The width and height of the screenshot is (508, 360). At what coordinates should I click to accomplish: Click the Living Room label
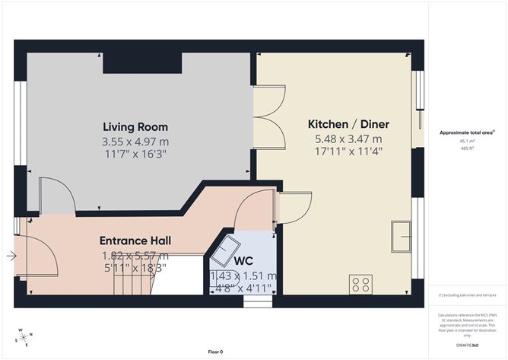pyautogui.click(x=135, y=127)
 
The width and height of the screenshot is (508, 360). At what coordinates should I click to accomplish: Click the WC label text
pyautogui.click(x=243, y=261)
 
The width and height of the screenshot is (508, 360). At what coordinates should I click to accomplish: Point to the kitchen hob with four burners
pyautogui.click(x=361, y=284)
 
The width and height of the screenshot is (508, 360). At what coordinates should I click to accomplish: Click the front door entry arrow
pyautogui.click(x=11, y=256)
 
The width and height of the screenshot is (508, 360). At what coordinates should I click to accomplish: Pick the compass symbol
pyautogui.click(x=24, y=337)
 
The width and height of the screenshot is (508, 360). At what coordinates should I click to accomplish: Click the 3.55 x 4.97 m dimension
pyautogui.click(x=135, y=142)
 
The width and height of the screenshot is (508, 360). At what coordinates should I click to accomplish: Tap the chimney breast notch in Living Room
pyautogui.click(x=141, y=62)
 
